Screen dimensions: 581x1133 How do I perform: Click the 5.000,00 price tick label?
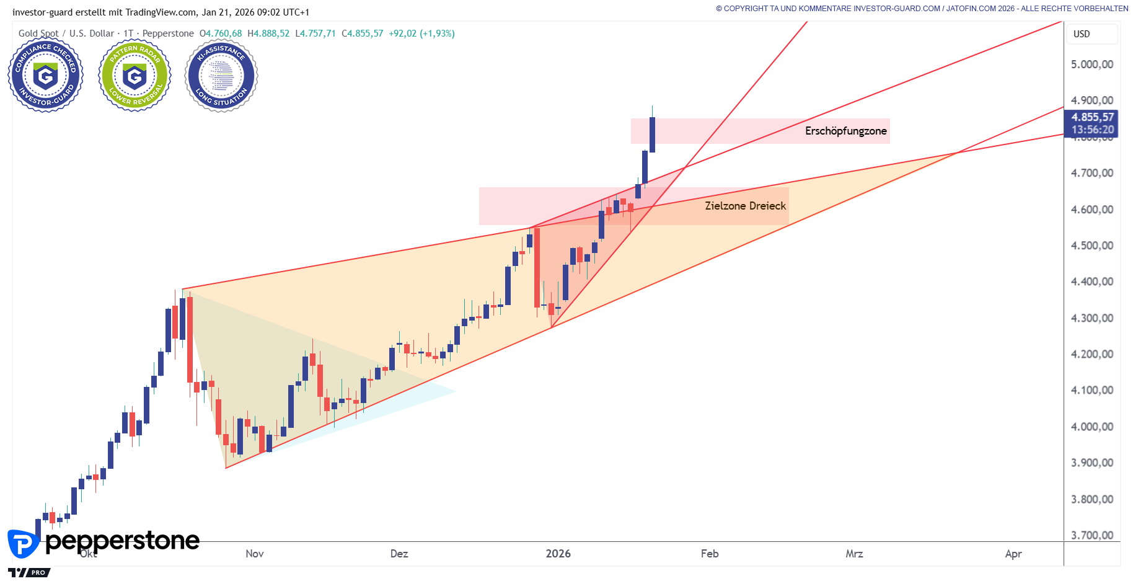[1092, 64]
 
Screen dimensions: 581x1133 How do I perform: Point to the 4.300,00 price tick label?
[1092, 318]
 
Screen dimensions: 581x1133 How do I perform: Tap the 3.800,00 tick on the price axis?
[1092, 499]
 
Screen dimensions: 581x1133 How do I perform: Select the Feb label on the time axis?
[710, 554]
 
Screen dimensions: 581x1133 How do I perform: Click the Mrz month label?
[854, 554]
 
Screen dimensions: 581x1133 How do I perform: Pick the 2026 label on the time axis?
[558, 554]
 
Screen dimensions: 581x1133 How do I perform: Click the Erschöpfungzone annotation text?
[845, 131]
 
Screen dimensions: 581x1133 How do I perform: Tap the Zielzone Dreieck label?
[745, 206]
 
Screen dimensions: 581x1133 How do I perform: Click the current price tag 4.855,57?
[1092, 117]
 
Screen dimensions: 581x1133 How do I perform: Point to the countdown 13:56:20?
[1092, 130]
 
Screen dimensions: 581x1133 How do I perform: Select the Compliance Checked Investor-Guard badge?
[45, 76]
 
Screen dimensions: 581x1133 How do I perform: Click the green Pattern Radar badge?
[134, 76]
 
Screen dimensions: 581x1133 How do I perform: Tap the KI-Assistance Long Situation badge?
[221, 76]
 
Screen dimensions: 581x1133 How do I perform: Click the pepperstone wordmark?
[122, 541]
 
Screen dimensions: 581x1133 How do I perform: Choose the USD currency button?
[1082, 34]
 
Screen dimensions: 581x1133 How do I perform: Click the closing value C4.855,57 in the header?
[363, 33]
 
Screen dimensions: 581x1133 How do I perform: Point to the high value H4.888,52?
[268, 33]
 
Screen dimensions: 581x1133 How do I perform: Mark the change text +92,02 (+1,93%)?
[421, 33]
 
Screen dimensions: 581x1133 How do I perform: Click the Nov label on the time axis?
[255, 554]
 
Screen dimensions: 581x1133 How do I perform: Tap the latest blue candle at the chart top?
[652, 135]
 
